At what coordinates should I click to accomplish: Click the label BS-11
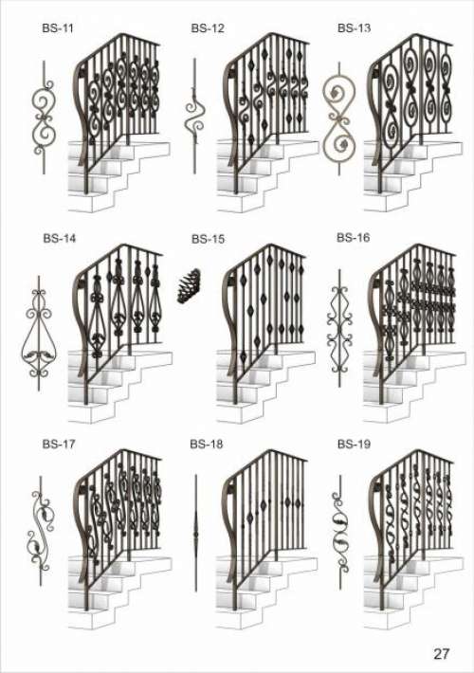tap(58, 28)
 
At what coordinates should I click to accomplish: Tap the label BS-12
tap(208, 28)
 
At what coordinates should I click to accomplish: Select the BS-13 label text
tap(354, 27)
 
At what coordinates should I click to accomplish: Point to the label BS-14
tap(59, 238)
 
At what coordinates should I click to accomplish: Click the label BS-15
tap(208, 239)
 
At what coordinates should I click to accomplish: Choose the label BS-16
tap(353, 237)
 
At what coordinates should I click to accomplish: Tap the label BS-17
tap(59, 444)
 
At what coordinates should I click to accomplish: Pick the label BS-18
tap(207, 444)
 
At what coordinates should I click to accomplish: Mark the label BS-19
tap(354, 444)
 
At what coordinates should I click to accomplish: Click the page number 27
tap(441, 654)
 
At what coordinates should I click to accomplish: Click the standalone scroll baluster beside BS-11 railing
tap(44, 118)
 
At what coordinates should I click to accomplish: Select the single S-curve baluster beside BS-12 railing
tap(194, 116)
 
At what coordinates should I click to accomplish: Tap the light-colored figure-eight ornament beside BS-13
tap(338, 118)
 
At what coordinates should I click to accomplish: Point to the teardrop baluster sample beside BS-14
tap(39, 333)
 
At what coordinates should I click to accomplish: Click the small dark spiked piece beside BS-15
tap(190, 286)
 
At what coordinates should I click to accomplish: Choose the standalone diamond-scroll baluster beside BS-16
tap(340, 328)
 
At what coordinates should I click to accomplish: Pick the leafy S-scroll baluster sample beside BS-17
tap(41, 531)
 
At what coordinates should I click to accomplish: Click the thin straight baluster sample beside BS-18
tap(196, 533)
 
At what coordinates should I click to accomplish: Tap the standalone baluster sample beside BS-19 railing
tap(341, 534)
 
